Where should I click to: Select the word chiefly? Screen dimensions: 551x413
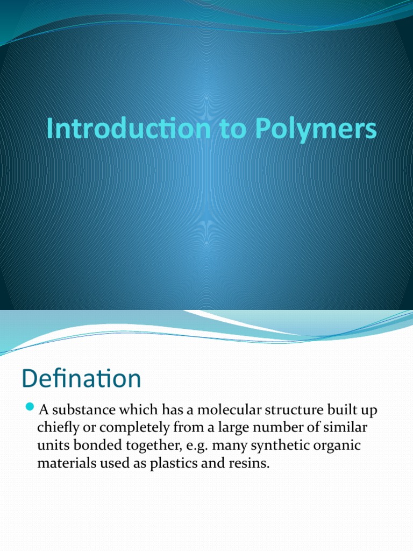(57, 428)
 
